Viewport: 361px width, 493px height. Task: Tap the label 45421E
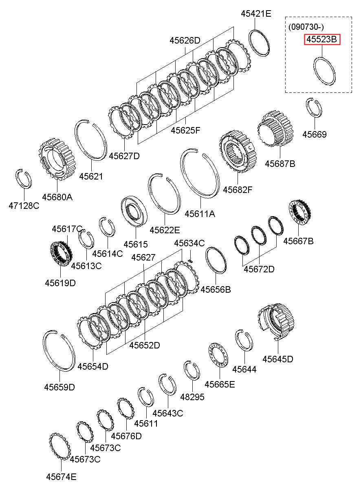tap(255, 13)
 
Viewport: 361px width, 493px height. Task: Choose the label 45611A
tap(200, 214)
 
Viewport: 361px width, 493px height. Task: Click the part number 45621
tap(91, 177)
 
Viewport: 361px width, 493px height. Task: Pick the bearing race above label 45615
tap(134, 211)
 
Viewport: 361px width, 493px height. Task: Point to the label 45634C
tap(189, 243)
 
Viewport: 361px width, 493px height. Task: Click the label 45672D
tap(259, 269)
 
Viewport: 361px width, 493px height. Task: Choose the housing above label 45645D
tap(276, 320)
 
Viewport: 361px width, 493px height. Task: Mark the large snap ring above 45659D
tap(59, 351)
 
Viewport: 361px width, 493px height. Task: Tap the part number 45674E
tap(61, 477)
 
